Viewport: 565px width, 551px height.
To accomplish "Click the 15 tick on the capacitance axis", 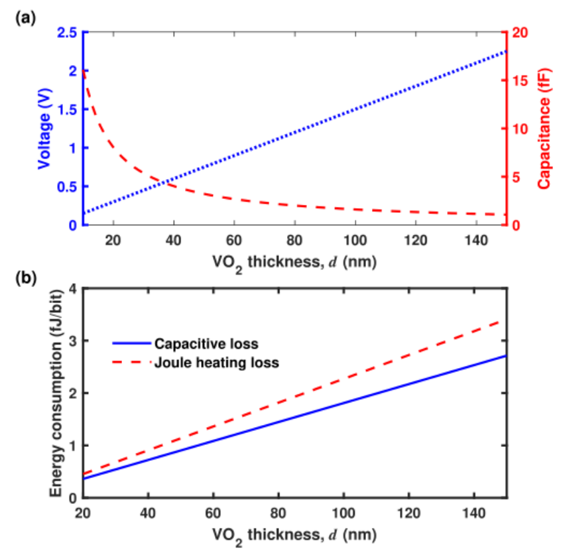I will click(x=521, y=81).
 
